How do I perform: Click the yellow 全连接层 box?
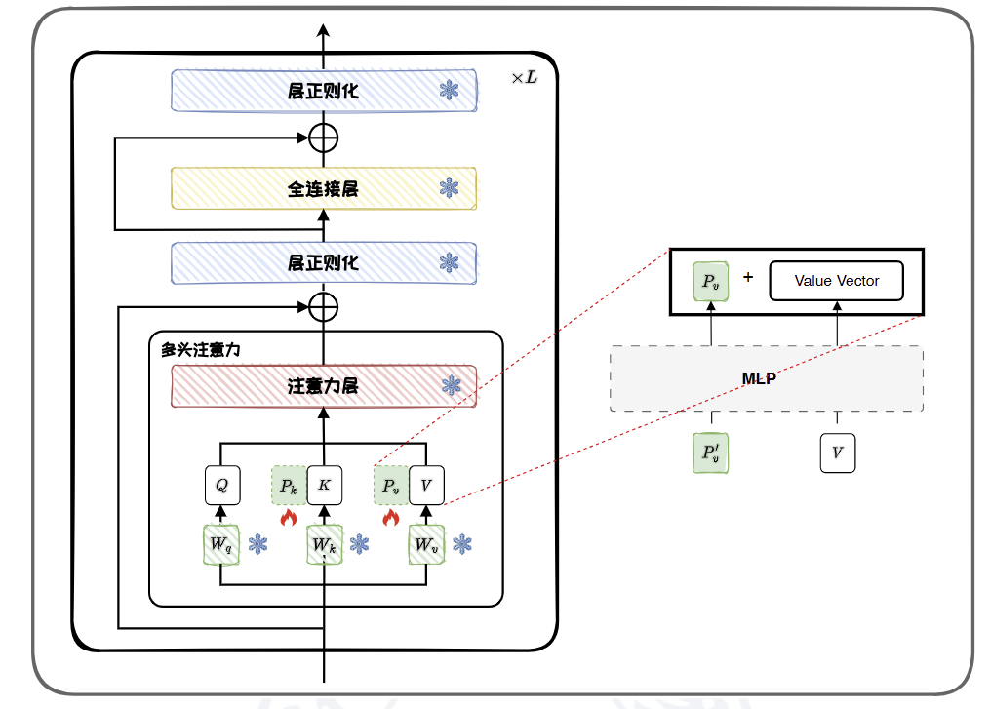click(x=323, y=188)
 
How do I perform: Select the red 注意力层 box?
click(x=323, y=386)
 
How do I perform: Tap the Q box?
click(x=220, y=485)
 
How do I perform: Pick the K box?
click(x=324, y=485)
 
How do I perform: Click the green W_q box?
click(x=220, y=544)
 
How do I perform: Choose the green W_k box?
click(x=324, y=544)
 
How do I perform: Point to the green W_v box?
click(x=426, y=544)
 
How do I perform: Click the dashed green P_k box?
click(x=289, y=485)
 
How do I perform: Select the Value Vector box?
click(x=836, y=281)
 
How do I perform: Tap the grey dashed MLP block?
click(x=766, y=378)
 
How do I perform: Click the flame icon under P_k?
click(x=288, y=518)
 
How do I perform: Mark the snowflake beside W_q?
click(x=257, y=544)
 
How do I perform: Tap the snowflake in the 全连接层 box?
click(x=449, y=188)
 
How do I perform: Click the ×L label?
click(x=524, y=77)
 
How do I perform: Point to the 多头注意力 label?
click(x=200, y=349)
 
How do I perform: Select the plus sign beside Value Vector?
click(x=748, y=278)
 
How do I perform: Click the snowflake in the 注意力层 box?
click(x=449, y=386)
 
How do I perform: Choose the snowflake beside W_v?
click(x=462, y=544)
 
